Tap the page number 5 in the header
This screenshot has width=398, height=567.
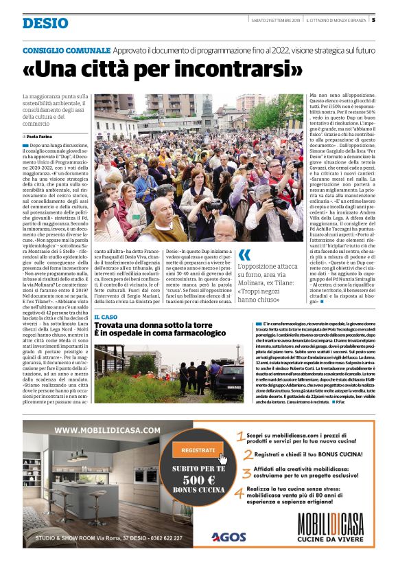(373, 19)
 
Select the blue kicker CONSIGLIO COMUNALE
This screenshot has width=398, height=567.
(67, 51)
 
